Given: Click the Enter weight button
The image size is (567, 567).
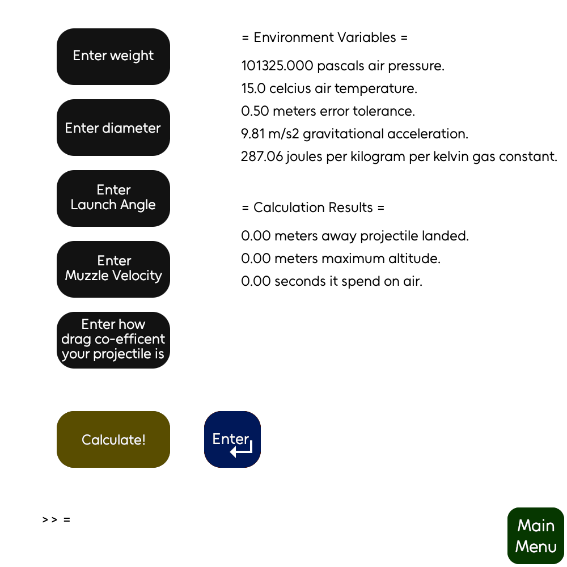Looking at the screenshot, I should pyautogui.click(x=113, y=56).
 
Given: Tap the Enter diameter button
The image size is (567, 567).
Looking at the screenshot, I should pyautogui.click(x=113, y=128).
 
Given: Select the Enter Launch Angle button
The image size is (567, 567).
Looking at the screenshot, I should pyautogui.click(x=113, y=198).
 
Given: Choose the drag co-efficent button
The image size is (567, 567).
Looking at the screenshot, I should pyautogui.click(x=113, y=340).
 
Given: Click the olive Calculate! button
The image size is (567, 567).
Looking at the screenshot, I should pyautogui.click(x=113, y=439).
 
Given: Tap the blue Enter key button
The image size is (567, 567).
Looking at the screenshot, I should pyautogui.click(x=232, y=439).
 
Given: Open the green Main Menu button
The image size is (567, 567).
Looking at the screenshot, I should pyautogui.click(x=536, y=536).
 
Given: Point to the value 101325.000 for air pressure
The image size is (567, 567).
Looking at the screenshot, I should pyautogui.click(x=277, y=66).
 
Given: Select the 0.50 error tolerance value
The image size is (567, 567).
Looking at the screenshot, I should pyautogui.click(x=255, y=112).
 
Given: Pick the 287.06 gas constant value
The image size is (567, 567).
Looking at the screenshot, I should pyautogui.click(x=262, y=157).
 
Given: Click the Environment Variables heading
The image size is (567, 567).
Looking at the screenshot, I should pyautogui.click(x=324, y=38).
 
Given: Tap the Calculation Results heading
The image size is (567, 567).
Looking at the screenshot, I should pyautogui.click(x=313, y=208).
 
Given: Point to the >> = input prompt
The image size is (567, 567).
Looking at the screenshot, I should pyautogui.click(x=56, y=519).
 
